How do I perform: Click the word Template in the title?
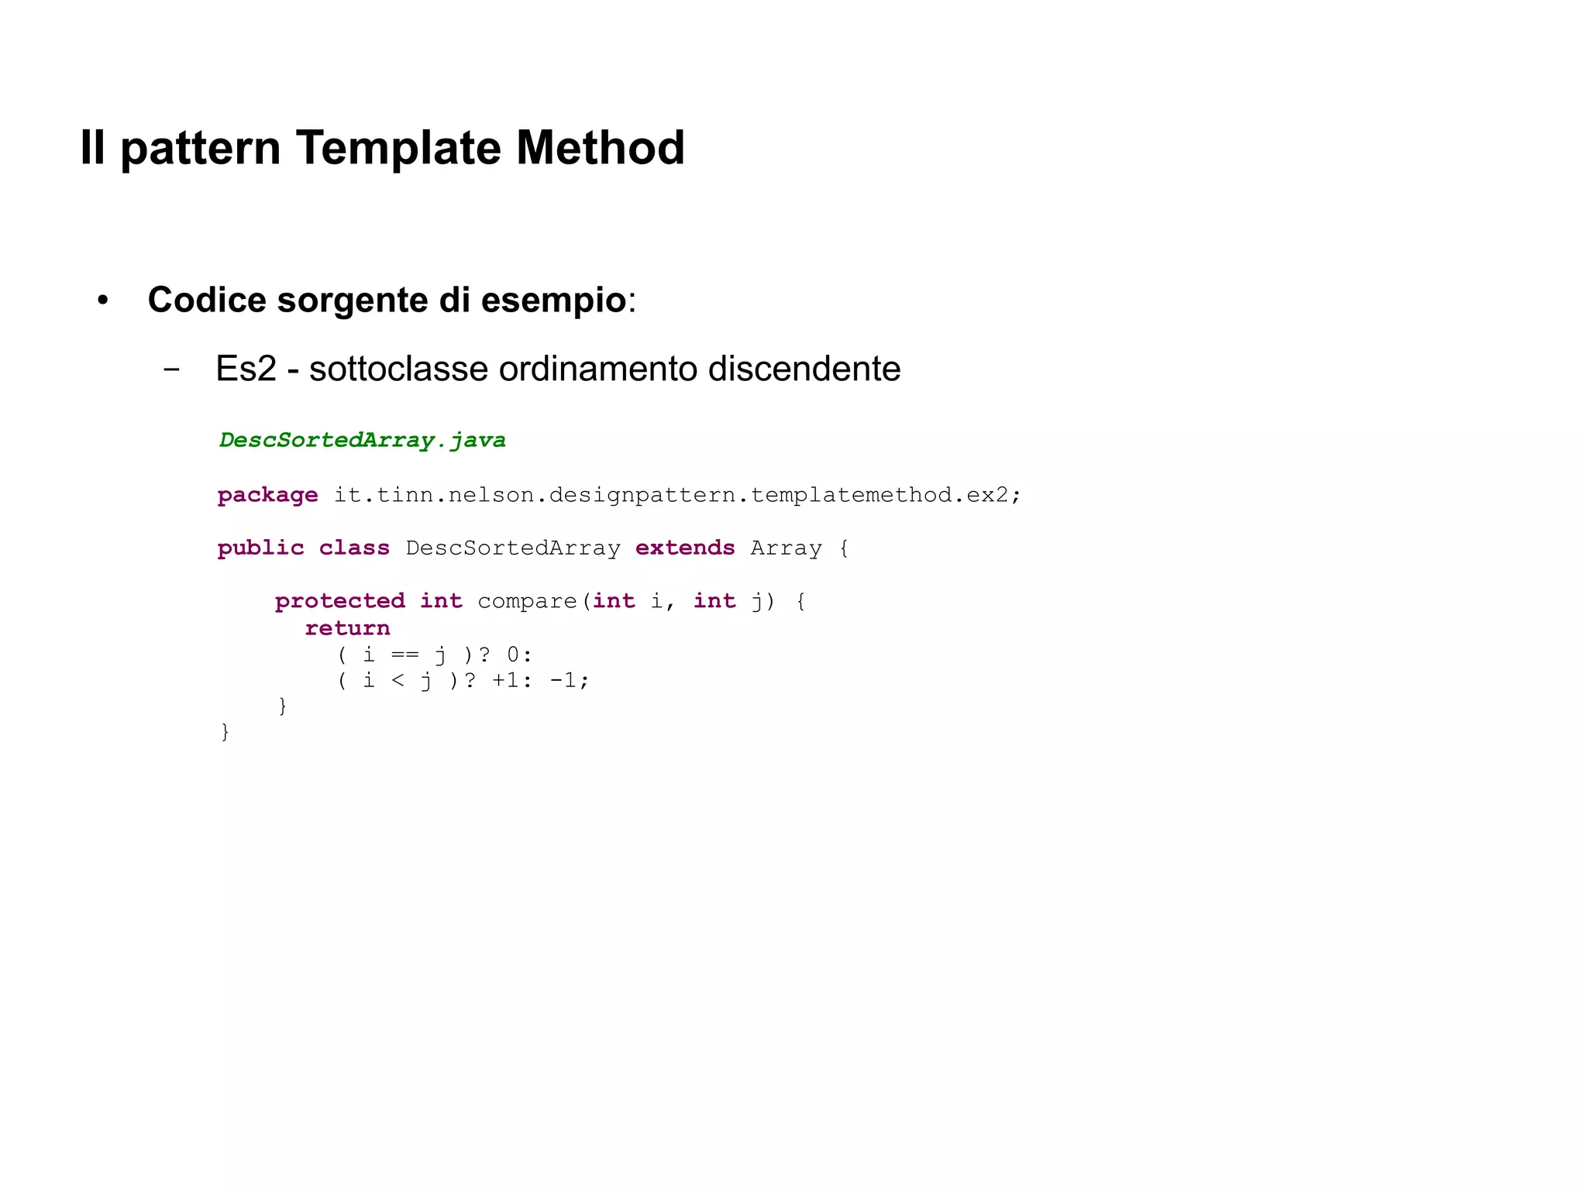(397, 147)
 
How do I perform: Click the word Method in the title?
(600, 147)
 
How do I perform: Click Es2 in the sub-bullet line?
(246, 369)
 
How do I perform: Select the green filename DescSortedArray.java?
(362, 440)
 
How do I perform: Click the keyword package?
(267, 495)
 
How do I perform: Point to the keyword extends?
(684, 548)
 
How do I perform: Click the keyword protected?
(339, 600)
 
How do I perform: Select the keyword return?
(347, 627)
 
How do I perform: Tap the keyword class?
(354, 548)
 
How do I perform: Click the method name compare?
(527, 601)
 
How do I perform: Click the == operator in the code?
(404, 655)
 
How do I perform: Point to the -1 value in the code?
(563, 680)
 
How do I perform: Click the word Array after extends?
(786, 548)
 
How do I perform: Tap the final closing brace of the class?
(225, 731)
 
